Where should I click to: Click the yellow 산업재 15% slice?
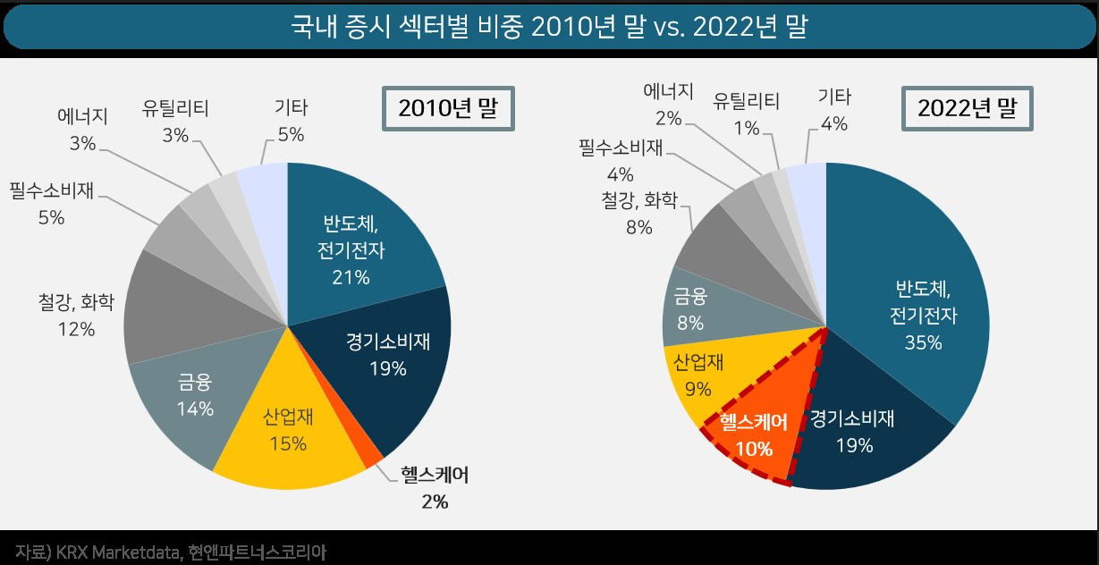pos(285,429)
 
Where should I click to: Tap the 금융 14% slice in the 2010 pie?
pos(195,398)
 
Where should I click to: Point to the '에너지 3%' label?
pos(82,129)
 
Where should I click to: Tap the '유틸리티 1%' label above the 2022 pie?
pos(746,114)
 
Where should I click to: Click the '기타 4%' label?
pos(833,110)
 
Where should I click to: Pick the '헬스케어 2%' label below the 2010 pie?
pos(435,488)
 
